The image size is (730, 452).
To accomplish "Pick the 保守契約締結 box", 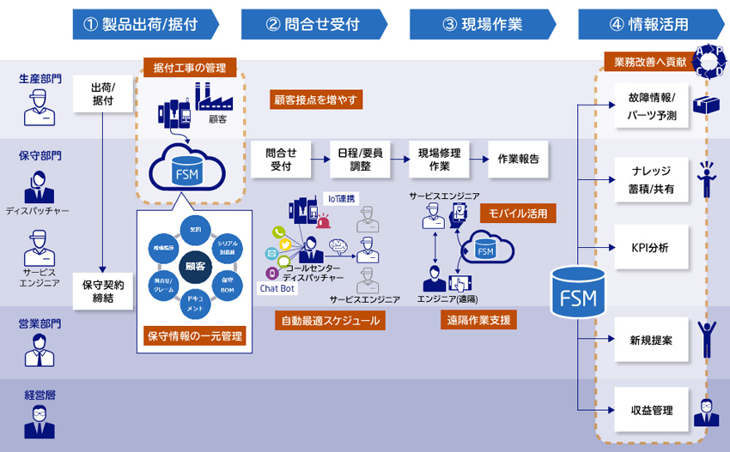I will (x=104, y=290).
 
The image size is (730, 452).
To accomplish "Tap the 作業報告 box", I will (x=519, y=159).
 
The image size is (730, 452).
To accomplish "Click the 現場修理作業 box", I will (x=440, y=159).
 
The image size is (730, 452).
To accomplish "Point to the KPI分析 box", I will (x=650, y=248).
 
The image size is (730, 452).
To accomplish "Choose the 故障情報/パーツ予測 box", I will (x=650, y=105).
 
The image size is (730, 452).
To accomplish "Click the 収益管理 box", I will (x=650, y=410).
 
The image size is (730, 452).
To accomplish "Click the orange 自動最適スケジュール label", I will (x=330, y=320).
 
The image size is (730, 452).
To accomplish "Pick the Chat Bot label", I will (x=277, y=289).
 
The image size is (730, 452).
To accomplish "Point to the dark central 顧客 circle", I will (x=194, y=266).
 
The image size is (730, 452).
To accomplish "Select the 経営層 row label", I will (x=40, y=396).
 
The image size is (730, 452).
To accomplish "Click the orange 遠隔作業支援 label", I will (x=478, y=320).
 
